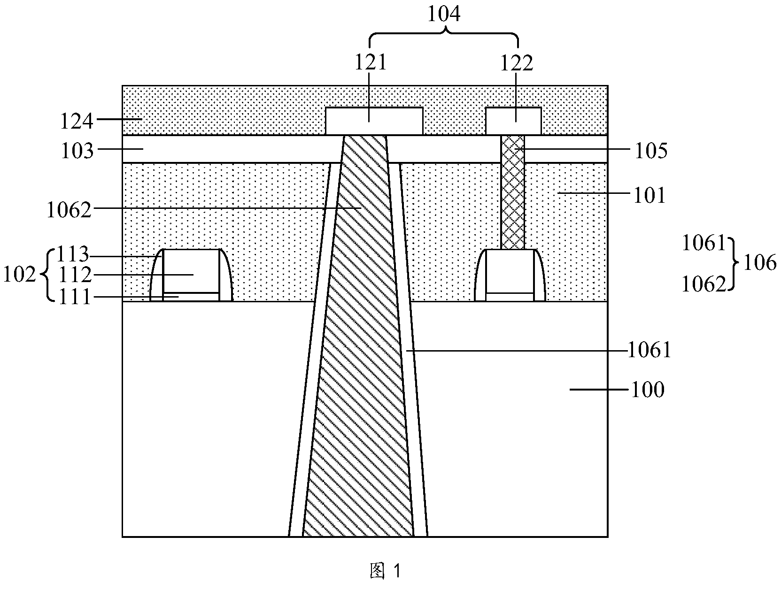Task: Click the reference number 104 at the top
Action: click(443, 15)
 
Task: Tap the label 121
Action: click(371, 62)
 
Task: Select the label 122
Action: click(517, 63)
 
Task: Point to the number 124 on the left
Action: click(77, 121)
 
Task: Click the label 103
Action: click(77, 151)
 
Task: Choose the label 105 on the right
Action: click(651, 151)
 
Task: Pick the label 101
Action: click(649, 196)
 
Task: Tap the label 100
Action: click(648, 390)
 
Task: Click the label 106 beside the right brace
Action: click(760, 262)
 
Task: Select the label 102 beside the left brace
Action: click(20, 275)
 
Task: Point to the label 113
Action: click(73, 254)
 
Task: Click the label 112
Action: click(75, 275)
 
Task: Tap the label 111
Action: click(74, 297)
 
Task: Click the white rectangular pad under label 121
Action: click(374, 121)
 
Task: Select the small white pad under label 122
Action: click(514, 121)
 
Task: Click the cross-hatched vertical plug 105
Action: click(512, 192)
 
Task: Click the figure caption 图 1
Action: click(385, 570)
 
